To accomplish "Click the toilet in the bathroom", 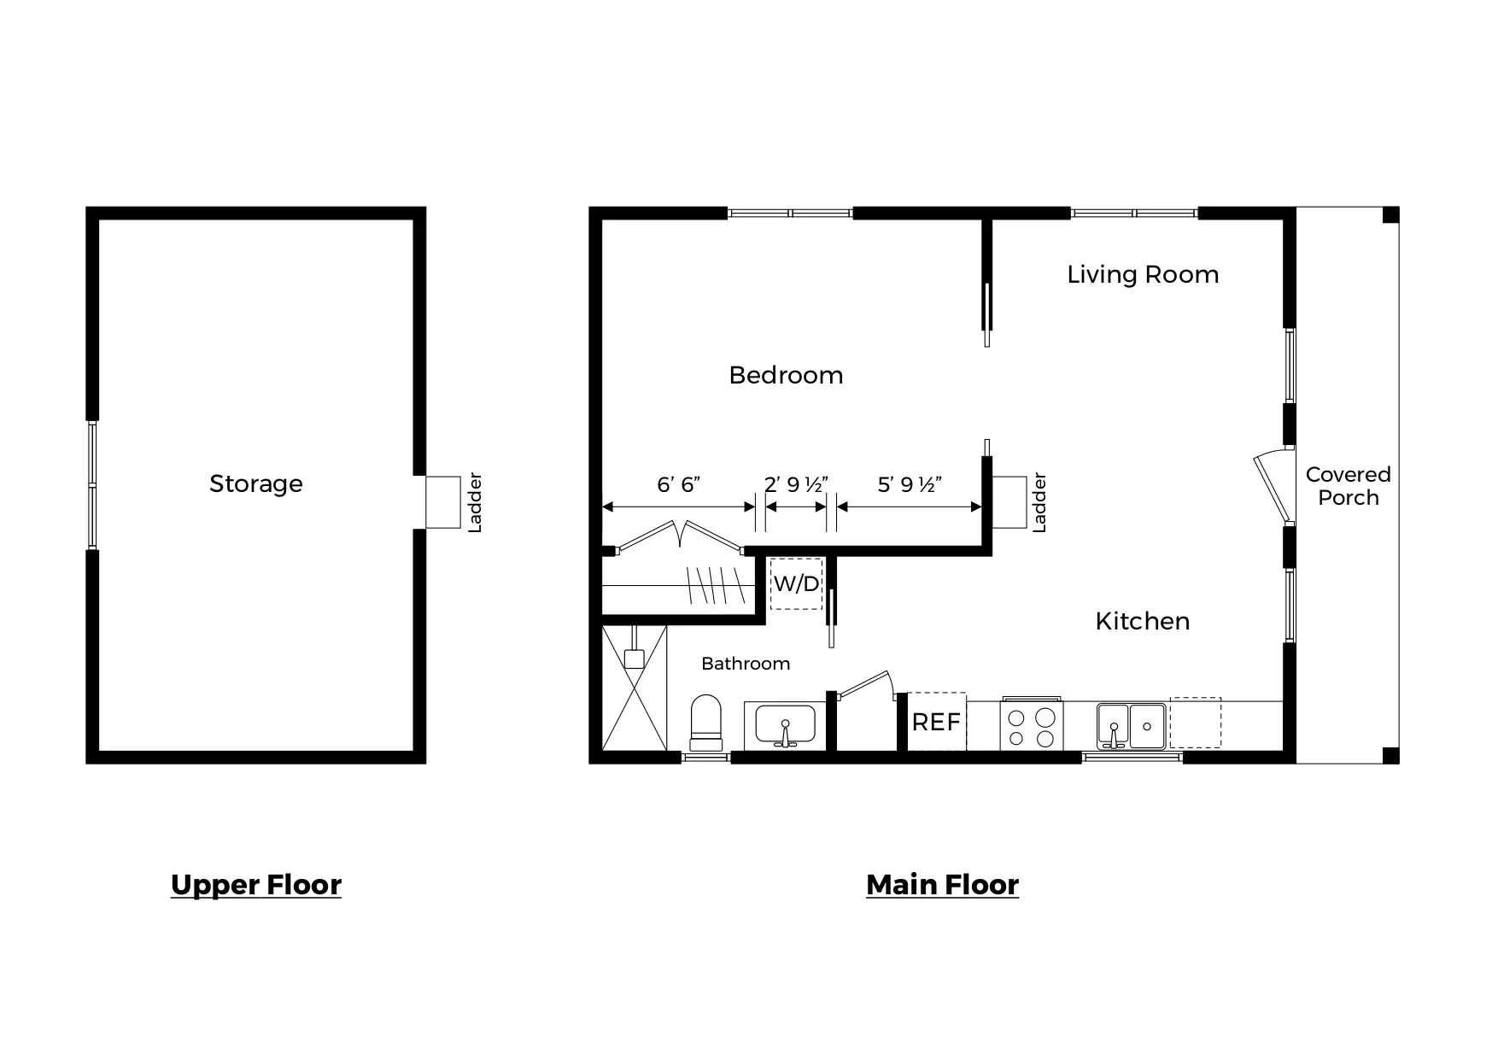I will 705,723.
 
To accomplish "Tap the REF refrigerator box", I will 936,723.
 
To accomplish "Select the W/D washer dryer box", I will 796,583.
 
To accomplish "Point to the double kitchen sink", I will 1131,726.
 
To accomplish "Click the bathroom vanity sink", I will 785,726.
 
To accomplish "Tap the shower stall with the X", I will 634,688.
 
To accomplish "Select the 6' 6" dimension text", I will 678,485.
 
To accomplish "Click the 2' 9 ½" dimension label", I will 796,485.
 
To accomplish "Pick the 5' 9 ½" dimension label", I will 910,485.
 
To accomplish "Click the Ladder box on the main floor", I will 1009,502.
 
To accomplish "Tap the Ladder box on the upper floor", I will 443,502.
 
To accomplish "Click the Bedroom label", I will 786,375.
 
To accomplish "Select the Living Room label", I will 1143,274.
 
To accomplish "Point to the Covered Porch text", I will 1348,486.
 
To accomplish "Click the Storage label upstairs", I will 256,483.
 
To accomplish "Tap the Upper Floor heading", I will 256,884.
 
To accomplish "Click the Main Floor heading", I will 942,884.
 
